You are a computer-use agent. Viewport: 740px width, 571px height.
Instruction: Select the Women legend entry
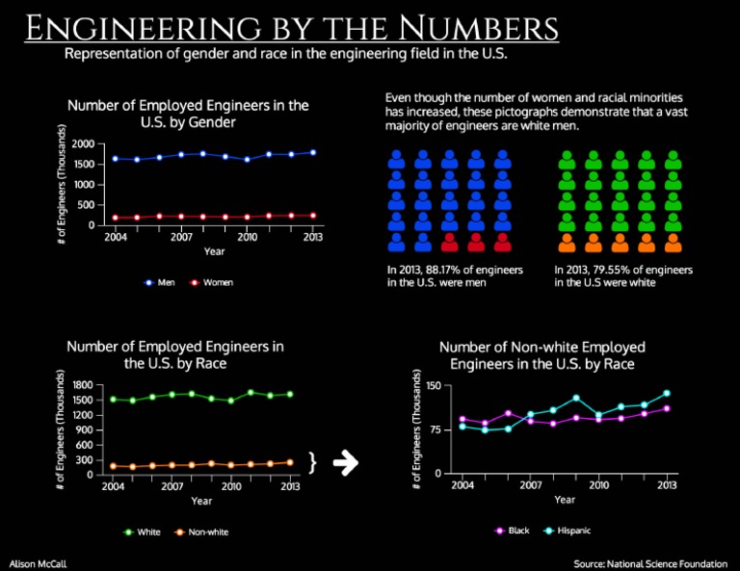coord(211,282)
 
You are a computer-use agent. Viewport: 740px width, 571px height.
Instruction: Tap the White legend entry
coord(142,532)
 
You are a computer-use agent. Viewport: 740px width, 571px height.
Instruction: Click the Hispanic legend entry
coord(566,531)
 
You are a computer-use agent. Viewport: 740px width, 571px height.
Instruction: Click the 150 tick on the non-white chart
coord(434,386)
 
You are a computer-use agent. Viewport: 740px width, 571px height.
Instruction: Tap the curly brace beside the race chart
coord(312,463)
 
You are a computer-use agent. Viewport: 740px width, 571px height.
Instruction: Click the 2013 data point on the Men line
coord(313,152)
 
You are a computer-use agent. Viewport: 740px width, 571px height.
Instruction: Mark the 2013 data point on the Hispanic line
coord(667,393)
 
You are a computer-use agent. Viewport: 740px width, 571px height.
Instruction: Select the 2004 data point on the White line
coord(113,399)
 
